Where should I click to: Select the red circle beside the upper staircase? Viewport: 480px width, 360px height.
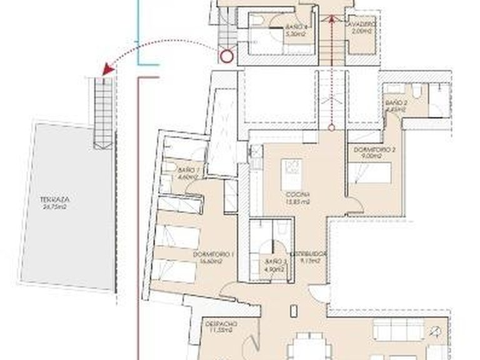226,57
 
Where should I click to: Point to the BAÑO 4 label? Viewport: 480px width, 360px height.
295,27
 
